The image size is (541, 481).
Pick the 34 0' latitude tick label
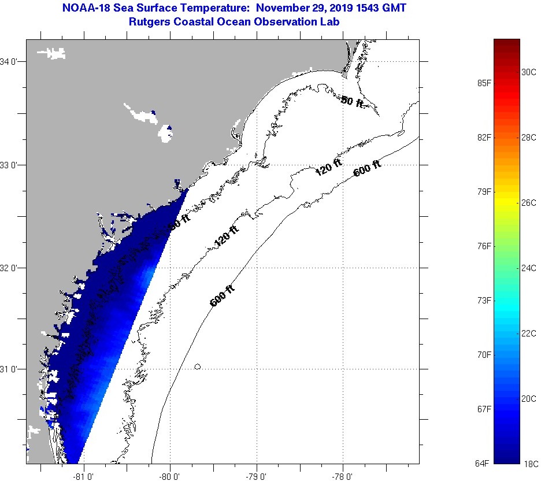tap(12, 61)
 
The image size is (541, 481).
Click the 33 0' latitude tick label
tap(12, 165)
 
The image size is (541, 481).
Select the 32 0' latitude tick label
tap(12, 268)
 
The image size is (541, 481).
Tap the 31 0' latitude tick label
tap(12, 369)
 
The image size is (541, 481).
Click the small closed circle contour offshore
tap(198, 367)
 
